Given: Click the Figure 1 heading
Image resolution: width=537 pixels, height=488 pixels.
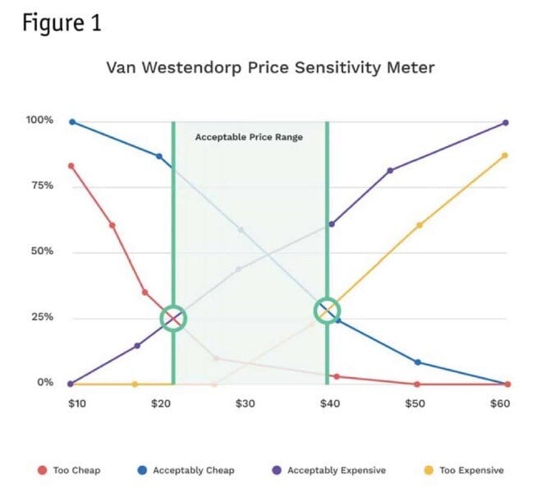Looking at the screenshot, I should pyautogui.click(x=62, y=23).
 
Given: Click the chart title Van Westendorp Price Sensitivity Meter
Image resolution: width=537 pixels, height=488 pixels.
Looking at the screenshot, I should pyautogui.click(x=270, y=67).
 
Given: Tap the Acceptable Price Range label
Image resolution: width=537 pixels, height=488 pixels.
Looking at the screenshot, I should pyautogui.click(x=249, y=137).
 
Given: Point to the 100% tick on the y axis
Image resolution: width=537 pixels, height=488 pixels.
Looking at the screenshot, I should pyautogui.click(x=40, y=120).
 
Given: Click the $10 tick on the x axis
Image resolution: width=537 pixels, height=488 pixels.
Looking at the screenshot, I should pyautogui.click(x=72, y=403).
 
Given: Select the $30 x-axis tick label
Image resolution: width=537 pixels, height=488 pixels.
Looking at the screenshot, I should pyautogui.click(x=246, y=403).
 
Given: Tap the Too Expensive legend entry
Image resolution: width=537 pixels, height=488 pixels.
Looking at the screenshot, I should pyautogui.click(x=464, y=470).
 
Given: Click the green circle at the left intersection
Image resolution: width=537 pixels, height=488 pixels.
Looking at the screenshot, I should pyautogui.click(x=172, y=317).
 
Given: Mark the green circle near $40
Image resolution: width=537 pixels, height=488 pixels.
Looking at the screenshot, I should pyautogui.click(x=328, y=311).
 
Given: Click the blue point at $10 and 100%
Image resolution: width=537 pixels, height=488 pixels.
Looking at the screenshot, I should pyautogui.click(x=72, y=122).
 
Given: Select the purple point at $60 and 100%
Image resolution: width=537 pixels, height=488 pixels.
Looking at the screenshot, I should pyautogui.click(x=505, y=122).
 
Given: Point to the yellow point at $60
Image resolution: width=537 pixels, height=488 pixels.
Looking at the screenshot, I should pyautogui.click(x=505, y=155).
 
